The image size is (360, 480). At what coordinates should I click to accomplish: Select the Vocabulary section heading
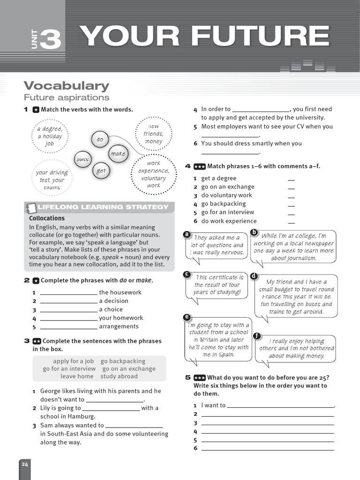[66, 86]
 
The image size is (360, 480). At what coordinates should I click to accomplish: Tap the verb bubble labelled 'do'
[100, 139]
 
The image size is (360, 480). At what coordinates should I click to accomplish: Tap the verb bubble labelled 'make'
[118, 153]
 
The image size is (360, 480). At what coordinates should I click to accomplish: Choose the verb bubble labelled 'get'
[101, 171]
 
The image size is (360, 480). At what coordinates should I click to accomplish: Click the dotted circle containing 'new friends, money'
[153, 134]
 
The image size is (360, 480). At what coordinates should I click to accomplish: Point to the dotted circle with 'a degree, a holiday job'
[50, 136]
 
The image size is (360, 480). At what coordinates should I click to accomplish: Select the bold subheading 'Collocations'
[47, 218]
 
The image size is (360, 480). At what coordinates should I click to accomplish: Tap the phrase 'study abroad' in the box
[119, 376]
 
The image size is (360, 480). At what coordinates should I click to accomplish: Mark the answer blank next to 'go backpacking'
[291, 205]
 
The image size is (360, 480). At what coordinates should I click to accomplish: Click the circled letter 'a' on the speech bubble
[187, 234]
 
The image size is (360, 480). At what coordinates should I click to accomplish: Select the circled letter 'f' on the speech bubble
[256, 336]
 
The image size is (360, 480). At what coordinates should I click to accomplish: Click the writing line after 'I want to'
[280, 406]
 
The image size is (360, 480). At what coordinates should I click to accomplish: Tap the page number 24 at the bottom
[24, 464]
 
